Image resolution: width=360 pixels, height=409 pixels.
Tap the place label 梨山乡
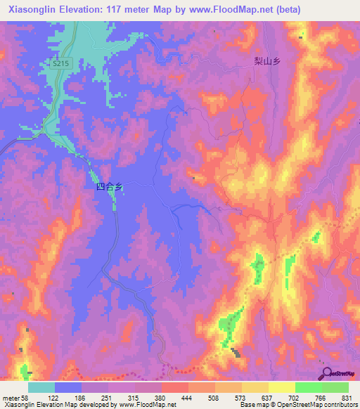click(267, 62)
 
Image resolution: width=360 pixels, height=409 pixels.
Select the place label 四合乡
click(109, 187)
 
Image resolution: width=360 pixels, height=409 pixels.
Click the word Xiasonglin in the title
click(33, 9)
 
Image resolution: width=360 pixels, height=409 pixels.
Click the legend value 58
click(27, 398)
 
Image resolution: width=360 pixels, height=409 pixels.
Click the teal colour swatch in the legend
click(41, 387)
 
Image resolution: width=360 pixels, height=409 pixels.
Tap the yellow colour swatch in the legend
click(281, 387)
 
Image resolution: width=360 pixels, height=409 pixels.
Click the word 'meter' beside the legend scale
click(10, 398)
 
